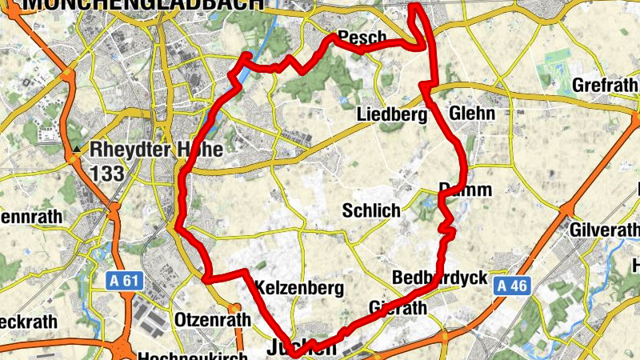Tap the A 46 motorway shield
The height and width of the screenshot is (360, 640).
click(x=511, y=286)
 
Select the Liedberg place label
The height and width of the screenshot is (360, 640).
click(x=389, y=114)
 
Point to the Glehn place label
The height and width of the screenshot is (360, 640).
click(x=473, y=114)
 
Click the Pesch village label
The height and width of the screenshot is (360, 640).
click(x=362, y=38)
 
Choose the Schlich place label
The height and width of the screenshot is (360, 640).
click(x=370, y=211)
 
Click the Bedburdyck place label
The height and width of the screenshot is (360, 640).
click(x=441, y=278)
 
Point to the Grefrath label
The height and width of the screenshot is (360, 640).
click(x=606, y=84)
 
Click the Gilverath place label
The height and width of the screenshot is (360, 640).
click(x=605, y=229)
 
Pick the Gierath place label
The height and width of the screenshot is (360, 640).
click(x=399, y=308)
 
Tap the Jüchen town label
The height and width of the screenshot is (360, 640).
click(x=301, y=348)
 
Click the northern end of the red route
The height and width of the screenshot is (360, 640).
click(x=415, y=7)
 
